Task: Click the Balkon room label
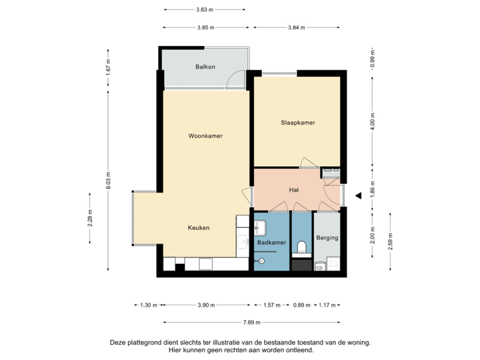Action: (x=205, y=67)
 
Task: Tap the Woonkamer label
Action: (x=205, y=136)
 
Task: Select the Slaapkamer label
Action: (x=297, y=123)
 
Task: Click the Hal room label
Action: (x=293, y=190)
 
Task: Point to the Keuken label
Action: (x=199, y=227)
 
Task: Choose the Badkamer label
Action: (x=271, y=243)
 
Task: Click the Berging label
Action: (x=327, y=237)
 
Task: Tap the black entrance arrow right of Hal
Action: (x=357, y=195)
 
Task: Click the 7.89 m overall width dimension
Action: (x=252, y=322)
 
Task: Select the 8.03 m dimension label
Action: (x=108, y=181)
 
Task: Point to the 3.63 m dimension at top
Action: (x=205, y=9)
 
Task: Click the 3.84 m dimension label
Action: (x=295, y=27)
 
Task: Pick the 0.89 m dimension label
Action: (x=302, y=305)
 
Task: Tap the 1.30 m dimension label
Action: (x=148, y=305)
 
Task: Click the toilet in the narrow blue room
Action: (x=301, y=247)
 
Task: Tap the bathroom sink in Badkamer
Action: (x=260, y=227)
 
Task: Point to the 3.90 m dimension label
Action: (x=206, y=305)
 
